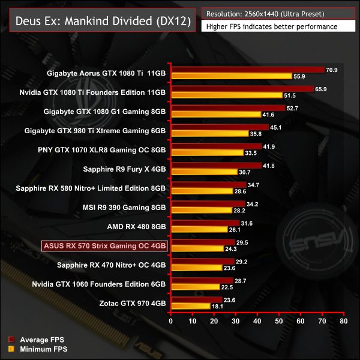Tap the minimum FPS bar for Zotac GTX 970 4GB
[191, 306]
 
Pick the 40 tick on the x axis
[257, 321]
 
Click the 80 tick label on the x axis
[343, 321]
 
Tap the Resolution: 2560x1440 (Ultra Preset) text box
[274, 14]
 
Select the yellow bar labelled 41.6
[216, 114]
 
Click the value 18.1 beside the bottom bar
[218, 306]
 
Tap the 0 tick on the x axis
[172, 321]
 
